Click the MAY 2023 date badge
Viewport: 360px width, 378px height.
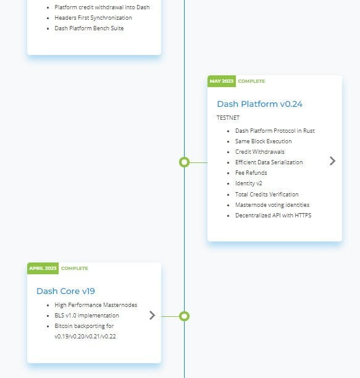pyautogui.click(x=222, y=82)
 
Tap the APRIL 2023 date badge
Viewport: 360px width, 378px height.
pyautogui.click(x=43, y=268)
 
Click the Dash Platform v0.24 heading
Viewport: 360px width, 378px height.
pyautogui.click(x=259, y=104)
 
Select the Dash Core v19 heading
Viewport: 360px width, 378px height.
pyautogui.click(x=65, y=291)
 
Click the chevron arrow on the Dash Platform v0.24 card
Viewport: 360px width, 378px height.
pyautogui.click(x=333, y=161)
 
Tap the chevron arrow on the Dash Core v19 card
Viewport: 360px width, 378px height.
pyautogui.click(x=152, y=316)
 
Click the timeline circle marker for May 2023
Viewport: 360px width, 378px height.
pyautogui.click(x=185, y=162)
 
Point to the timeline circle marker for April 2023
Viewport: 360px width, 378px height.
pyautogui.click(x=185, y=316)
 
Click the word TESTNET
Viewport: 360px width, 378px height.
pyautogui.click(x=228, y=118)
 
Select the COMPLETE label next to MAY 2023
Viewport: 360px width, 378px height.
pyautogui.click(x=251, y=82)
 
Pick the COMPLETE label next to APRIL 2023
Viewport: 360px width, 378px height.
pyautogui.click(x=75, y=268)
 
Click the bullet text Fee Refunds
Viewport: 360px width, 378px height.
pyautogui.click(x=251, y=173)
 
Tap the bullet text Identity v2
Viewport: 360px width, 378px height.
pyautogui.click(x=249, y=183)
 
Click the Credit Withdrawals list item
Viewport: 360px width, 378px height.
pyautogui.click(x=260, y=152)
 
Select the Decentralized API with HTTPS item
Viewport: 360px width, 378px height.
pyautogui.click(x=274, y=216)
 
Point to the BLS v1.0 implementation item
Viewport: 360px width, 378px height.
pyautogui.click(x=86, y=316)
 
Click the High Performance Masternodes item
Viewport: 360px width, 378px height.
pyautogui.click(x=96, y=305)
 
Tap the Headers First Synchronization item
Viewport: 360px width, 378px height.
pyautogui.click(x=93, y=18)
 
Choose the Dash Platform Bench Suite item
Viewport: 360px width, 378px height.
pyautogui.click(x=89, y=28)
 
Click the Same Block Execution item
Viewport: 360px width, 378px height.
pyautogui.click(x=264, y=141)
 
